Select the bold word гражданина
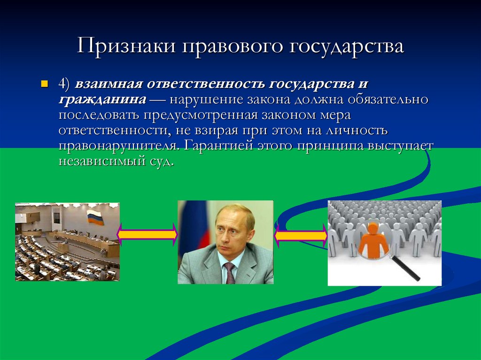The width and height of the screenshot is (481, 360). point(101,100)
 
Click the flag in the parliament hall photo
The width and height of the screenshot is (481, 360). point(95,217)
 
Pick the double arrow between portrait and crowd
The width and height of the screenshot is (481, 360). point(301,235)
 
